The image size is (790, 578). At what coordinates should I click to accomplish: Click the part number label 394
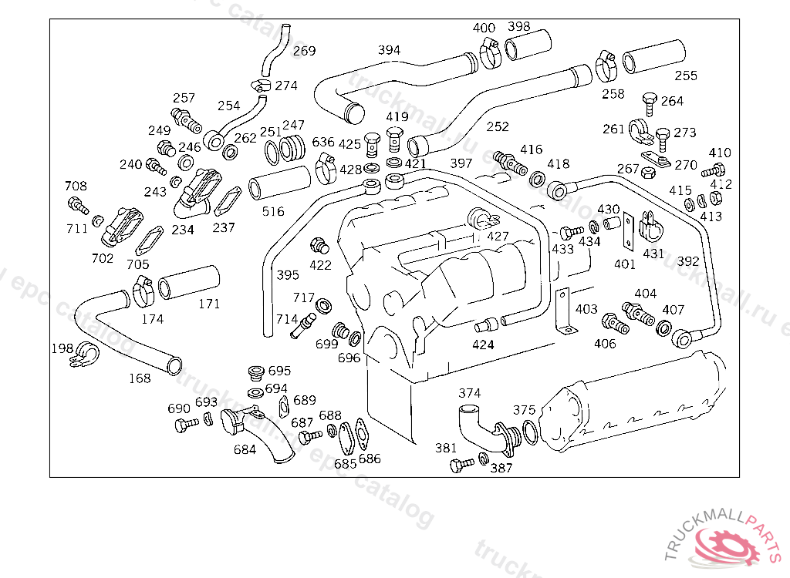(x=389, y=50)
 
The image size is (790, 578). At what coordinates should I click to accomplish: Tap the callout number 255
(x=686, y=76)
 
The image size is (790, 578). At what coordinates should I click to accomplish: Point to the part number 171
(x=209, y=304)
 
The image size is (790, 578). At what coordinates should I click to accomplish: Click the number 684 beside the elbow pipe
(x=245, y=450)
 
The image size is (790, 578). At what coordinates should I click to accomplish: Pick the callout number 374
(x=470, y=394)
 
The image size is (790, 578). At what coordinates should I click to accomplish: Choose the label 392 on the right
(x=688, y=261)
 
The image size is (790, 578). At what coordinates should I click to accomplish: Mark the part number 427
(x=498, y=237)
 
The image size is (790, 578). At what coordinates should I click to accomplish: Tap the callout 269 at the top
(x=304, y=51)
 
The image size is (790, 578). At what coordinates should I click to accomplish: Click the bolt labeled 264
(x=650, y=102)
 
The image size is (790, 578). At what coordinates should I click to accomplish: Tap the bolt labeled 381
(x=462, y=465)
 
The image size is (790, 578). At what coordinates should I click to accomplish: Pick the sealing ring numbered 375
(x=531, y=432)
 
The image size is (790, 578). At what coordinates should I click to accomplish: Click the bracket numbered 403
(x=565, y=312)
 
